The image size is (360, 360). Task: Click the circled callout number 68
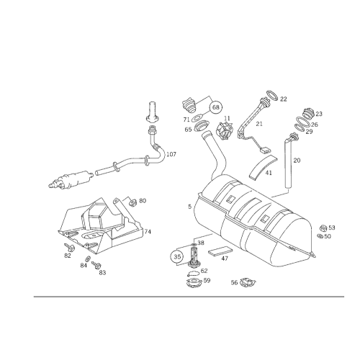[216, 107]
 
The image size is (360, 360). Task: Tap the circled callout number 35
[177, 257]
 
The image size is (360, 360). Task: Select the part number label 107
[171, 154]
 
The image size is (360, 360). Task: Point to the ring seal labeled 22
[272, 96]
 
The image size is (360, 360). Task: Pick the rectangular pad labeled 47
[220, 251]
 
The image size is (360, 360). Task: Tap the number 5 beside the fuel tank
[190, 207]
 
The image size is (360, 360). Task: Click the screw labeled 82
[69, 247]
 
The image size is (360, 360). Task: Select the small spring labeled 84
[88, 259]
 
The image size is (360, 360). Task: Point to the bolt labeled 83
[96, 265]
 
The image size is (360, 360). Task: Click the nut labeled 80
[132, 202]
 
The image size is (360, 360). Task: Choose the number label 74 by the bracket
[148, 232]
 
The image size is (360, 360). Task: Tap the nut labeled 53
[323, 228]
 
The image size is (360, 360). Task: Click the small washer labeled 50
[320, 236]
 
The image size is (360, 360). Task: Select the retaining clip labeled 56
[248, 282]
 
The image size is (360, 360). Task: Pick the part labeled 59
[194, 283]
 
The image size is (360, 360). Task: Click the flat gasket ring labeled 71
[197, 118]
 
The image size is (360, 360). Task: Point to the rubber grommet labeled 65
[201, 126]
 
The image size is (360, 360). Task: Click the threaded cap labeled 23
[309, 113]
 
